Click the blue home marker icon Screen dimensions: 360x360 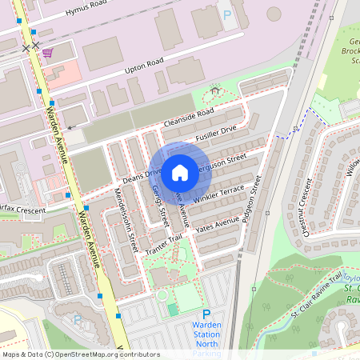tap(180, 171)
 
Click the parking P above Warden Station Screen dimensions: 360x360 tap(206, 315)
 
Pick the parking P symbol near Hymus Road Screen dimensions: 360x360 tap(227, 14)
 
